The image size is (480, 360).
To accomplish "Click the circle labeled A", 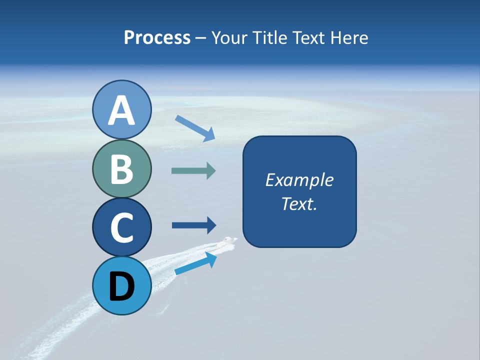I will point(121,109).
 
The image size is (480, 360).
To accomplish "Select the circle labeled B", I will point(121,168).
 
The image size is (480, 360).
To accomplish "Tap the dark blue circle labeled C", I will point(121,227).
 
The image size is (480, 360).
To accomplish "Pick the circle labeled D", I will point(121,285).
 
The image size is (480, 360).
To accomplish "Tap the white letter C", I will point(121,227).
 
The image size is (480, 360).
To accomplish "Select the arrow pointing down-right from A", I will point(194,128).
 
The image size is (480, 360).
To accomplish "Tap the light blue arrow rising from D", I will point(195,263).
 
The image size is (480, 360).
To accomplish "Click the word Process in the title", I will point(157,37).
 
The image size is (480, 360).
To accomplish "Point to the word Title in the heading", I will point(269,37).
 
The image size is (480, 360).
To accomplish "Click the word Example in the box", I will point(299,180).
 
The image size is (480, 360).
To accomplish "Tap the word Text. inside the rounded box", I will point(299,203).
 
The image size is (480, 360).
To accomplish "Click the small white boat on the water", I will point(230,241).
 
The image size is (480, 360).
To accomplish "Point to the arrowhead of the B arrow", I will point(210,171).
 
